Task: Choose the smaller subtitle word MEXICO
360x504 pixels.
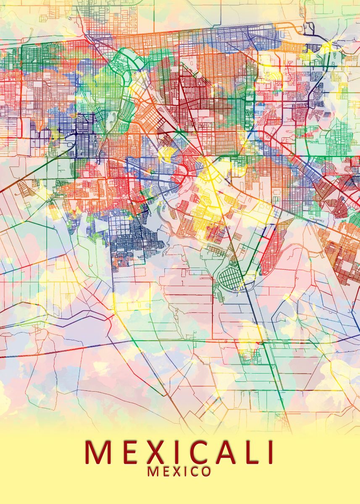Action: (179, 471)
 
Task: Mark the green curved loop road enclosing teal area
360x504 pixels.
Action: (126, 63)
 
